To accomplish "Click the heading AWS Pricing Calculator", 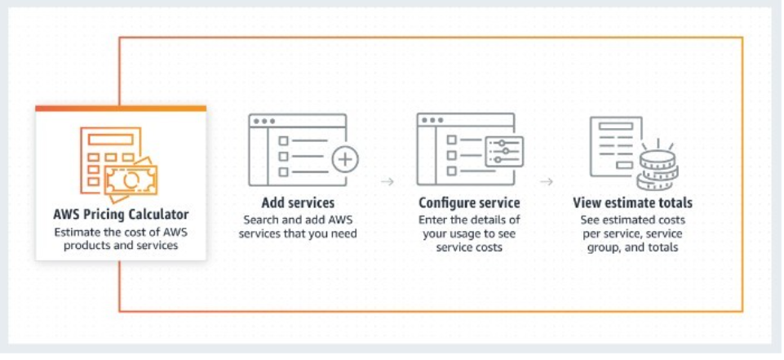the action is [121, 215].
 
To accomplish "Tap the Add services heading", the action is [298, 203].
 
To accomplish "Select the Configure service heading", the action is [469, 203].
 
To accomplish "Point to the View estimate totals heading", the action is [632, 203].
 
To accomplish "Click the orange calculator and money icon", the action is [118, 164].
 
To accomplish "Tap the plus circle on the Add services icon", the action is [346, 160].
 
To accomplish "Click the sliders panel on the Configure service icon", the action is [504, 152].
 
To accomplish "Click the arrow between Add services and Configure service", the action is [388, 181].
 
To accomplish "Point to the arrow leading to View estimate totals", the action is [547, 181].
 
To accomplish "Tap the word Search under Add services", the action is [259, 220].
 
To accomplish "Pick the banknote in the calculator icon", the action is [131, 180].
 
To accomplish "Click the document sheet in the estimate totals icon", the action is [615, 146].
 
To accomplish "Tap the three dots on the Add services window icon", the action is [264, 121].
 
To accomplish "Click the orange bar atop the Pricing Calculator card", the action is [121, 108].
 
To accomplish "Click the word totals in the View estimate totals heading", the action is [675, 203].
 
